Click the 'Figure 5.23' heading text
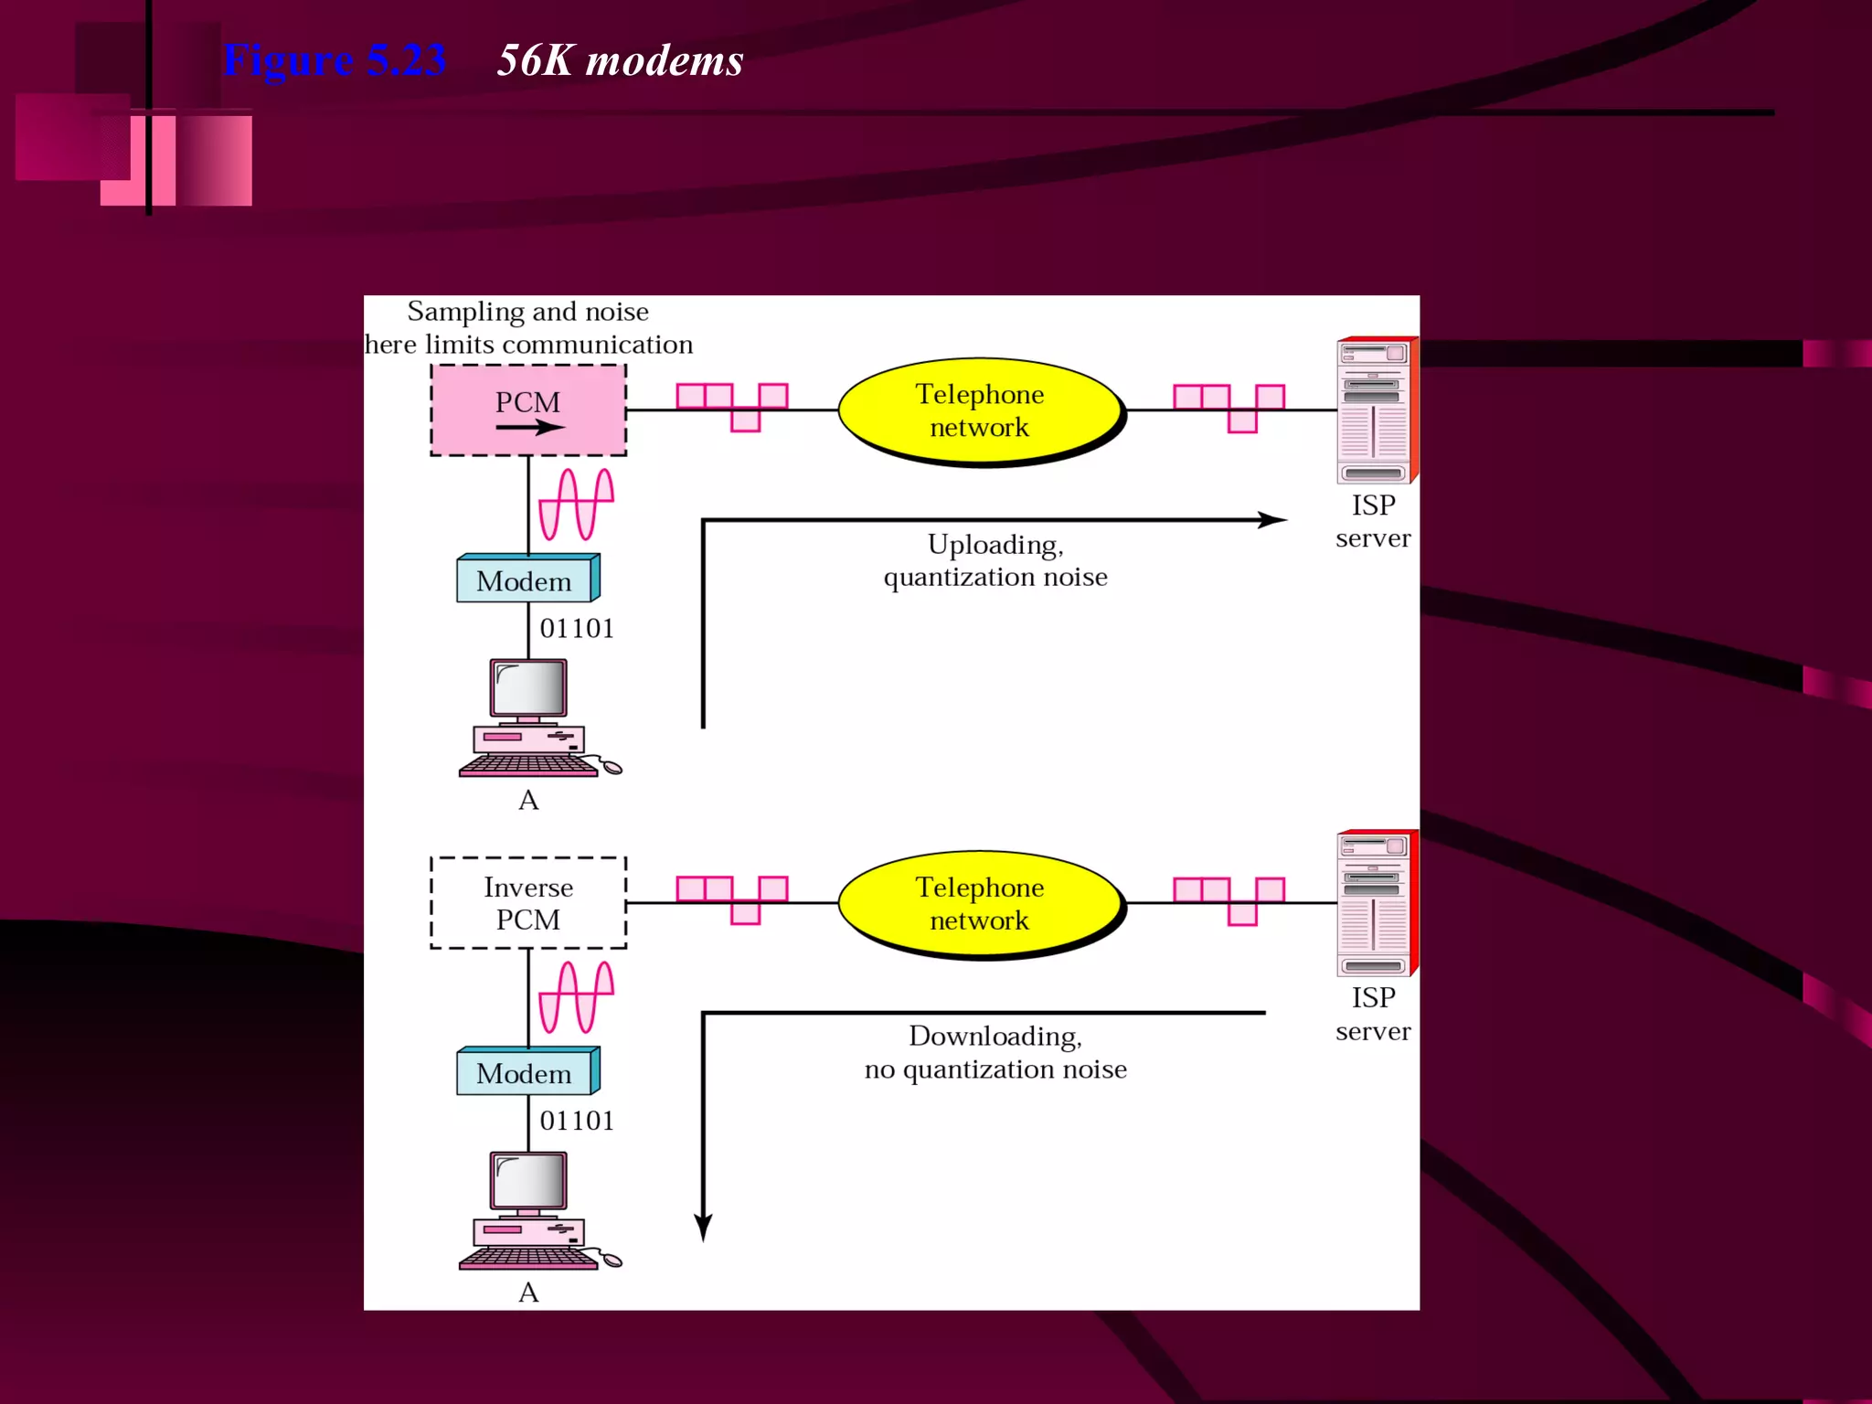point(335,60)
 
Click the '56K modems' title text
point(620,61)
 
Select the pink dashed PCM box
point(528,409)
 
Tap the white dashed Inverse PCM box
point(528,903)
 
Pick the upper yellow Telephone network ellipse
point(980,410)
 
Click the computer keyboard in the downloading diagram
point(528,1260)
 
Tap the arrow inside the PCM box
point(530,427)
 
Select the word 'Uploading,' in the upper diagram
point(995,545)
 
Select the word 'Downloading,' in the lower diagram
point(995,1037)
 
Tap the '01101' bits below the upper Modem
point(577,629)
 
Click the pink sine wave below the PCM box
point(576,504)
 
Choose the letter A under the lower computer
point(528,1292)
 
